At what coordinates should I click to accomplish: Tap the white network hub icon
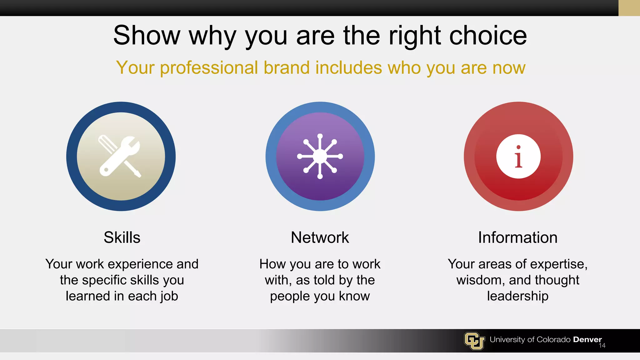click(x=320, y=156)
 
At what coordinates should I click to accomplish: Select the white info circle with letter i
click(x=518, y=156)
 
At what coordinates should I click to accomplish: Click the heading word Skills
click(x=122, y=237)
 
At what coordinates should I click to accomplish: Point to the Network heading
click(x=320, y=237)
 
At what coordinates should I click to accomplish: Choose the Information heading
click(x=518, y=237)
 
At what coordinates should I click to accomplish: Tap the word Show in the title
click(x=147, y=36)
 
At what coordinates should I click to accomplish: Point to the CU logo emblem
click(x=474, y=341)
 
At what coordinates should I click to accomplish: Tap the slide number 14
click(x=602, y=346)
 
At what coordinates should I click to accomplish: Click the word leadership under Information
click(x=518, y=296)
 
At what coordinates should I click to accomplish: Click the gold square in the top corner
click(x=629, y=8)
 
